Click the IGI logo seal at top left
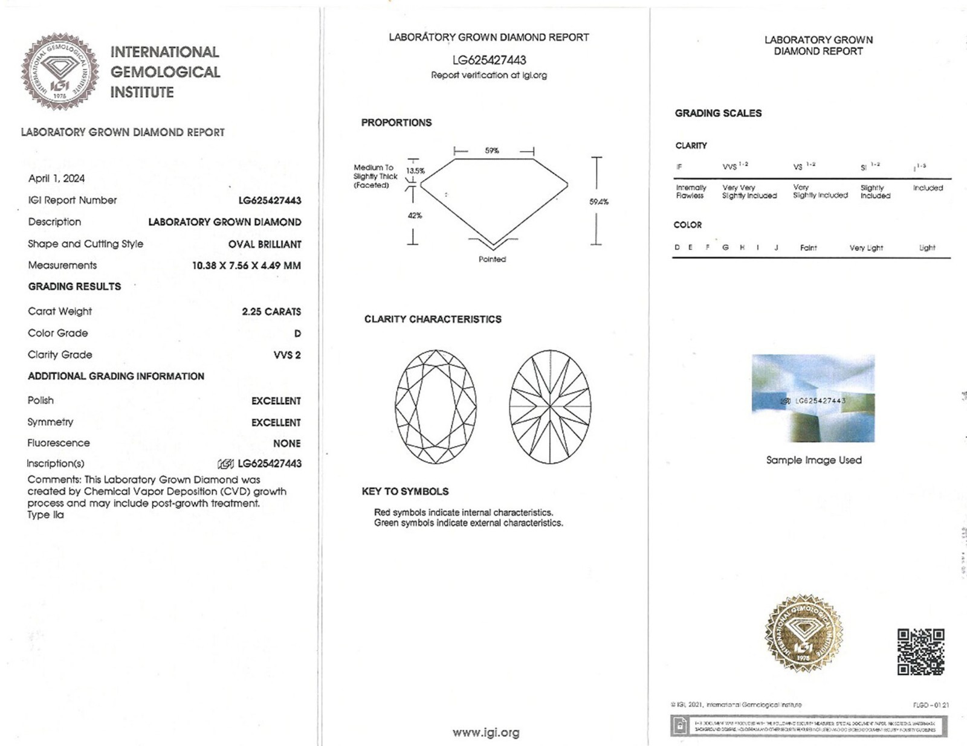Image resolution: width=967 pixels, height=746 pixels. [x=60, y=71]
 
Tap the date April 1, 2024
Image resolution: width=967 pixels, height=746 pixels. [x=56, y=178]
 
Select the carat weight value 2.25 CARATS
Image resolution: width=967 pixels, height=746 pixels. [x=271, y=312]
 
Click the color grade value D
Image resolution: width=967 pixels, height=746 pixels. [x=297, y=333]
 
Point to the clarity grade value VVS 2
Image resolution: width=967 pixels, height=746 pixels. [x=287, y=355]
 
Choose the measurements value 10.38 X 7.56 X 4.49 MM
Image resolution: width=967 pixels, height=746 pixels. [x=246, y=266]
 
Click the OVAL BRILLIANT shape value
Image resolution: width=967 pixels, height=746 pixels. [x=265, y=244]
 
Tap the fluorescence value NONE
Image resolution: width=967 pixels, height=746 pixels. [x=286, y=443]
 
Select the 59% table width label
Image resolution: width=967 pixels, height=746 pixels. [x=492, y=150]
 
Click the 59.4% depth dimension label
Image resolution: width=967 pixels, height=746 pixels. [x=598, y=202]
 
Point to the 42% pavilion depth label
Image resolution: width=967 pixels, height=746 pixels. [x=415, y=216]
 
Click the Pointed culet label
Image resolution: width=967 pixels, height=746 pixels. [x=492, y=259]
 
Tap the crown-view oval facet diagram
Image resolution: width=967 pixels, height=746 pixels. [x=436, y=407]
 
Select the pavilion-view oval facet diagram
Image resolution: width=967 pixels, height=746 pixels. [x=550, y=407]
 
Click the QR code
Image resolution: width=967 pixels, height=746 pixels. [x=920, y=651]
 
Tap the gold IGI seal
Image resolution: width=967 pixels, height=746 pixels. [x=803, y=633]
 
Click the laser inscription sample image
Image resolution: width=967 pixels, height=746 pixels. [x=813, y=398]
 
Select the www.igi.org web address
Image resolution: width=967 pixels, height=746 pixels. [x=486, y=733]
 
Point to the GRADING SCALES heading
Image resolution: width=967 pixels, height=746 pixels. [x=718, y=113]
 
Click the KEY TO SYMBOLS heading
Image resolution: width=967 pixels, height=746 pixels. [x=405, y=492]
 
